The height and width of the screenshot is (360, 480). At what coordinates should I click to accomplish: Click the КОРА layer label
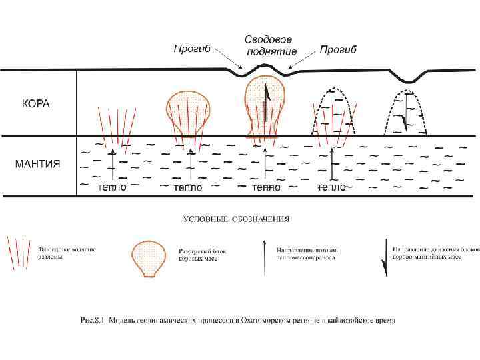coord(36,105)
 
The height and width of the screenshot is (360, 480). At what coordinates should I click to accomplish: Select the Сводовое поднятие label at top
coord(268,45)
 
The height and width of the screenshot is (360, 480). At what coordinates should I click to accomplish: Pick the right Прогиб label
coord(338,50)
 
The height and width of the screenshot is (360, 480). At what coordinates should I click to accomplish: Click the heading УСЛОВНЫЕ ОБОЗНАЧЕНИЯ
coord(236,219)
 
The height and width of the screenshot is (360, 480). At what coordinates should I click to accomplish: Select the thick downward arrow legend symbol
coord(384,256)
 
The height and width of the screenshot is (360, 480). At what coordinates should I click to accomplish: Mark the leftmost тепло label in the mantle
coord(112,187)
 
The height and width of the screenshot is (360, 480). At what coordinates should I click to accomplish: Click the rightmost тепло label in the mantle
coord(332,187)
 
